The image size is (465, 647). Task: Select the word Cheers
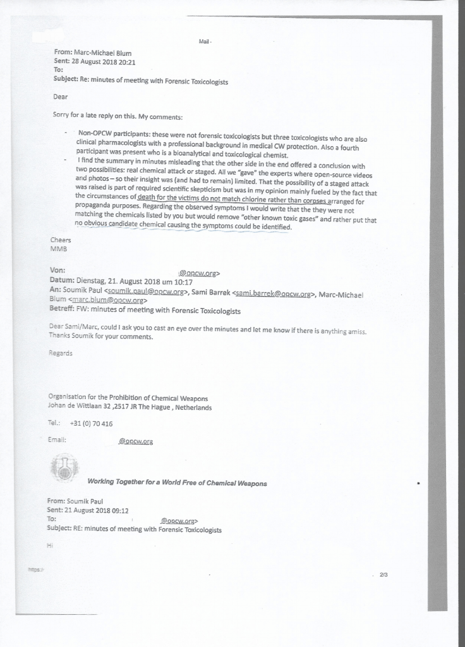[61, 240]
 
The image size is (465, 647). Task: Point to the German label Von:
[57, 270]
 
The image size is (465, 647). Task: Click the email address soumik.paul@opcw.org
[146, 292]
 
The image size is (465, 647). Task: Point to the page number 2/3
[383, 574]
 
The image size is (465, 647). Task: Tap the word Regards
[61, 353]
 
